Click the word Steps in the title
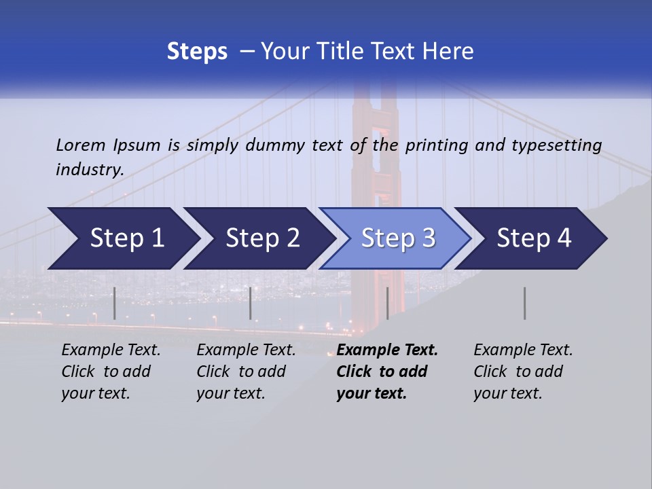(197, 52)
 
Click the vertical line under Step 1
(115, 303)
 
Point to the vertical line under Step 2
(251, 303)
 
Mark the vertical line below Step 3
(388, 303)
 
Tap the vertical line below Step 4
(525, 303)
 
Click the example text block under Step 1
(111, 372)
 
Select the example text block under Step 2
(246, 372)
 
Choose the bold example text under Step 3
(387, 372)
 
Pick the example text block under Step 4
(523, 372)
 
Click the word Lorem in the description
(81, 145)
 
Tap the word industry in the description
(90, 170)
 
